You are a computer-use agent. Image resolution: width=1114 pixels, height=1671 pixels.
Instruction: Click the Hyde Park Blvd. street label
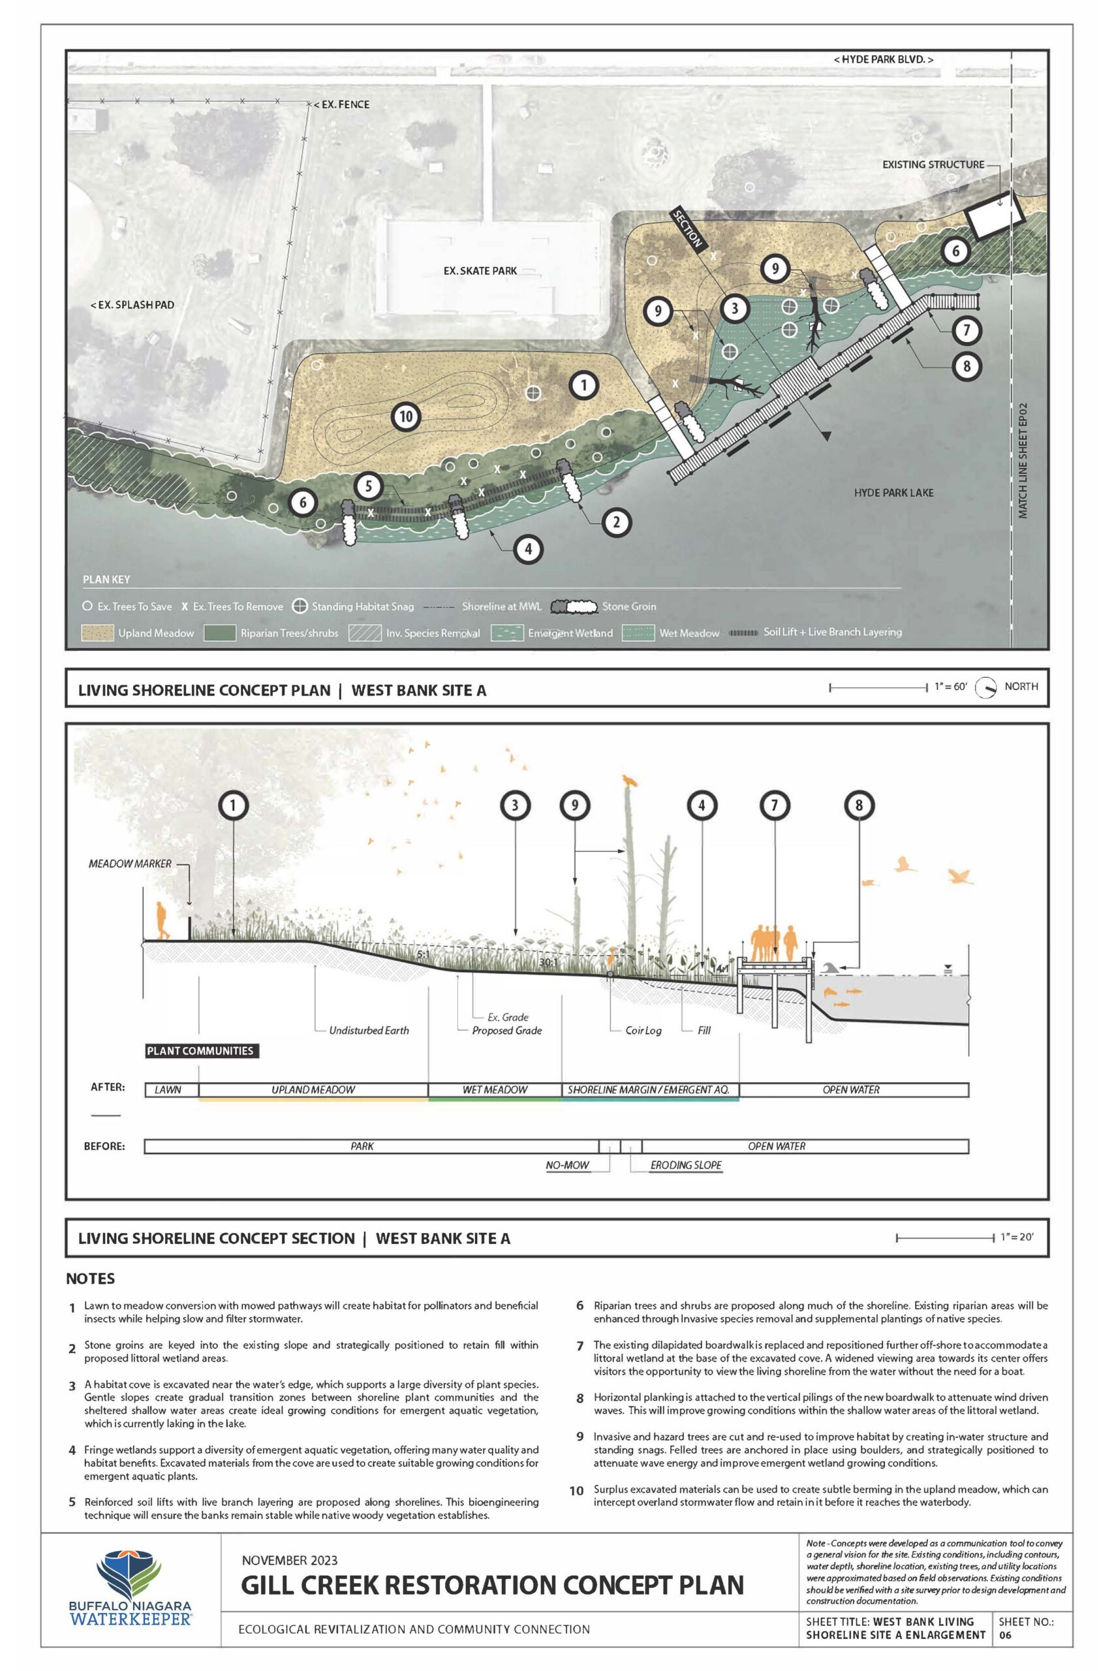[883, 59]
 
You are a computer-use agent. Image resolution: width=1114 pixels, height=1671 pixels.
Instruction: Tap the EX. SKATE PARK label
[480, 271]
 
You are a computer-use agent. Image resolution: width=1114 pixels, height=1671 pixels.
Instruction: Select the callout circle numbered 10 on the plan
[406, 416]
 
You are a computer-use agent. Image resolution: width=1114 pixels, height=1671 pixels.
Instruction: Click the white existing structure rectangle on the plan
[995, 215]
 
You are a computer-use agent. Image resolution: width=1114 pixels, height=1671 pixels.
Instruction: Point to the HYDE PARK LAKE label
[894, 492]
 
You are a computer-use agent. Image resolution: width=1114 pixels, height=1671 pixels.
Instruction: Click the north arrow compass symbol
[985, 688]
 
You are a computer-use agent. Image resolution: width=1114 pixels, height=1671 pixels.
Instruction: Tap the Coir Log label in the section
[643, 1030]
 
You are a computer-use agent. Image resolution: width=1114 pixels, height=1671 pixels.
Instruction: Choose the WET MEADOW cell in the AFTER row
[495, 1090]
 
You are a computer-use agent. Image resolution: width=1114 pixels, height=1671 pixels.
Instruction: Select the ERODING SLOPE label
[686, 1165]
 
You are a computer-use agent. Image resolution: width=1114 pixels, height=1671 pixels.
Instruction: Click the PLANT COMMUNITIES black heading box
[200, 1051]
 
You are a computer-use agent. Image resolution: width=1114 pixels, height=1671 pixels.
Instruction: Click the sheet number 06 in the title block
[1004, 1634]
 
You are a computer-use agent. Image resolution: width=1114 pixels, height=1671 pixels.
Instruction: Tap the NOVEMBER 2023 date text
[289, 1560]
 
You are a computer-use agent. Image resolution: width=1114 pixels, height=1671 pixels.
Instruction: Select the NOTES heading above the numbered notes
[90, 1279]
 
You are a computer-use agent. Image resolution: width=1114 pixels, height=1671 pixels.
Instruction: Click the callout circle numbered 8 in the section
[859, 805]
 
